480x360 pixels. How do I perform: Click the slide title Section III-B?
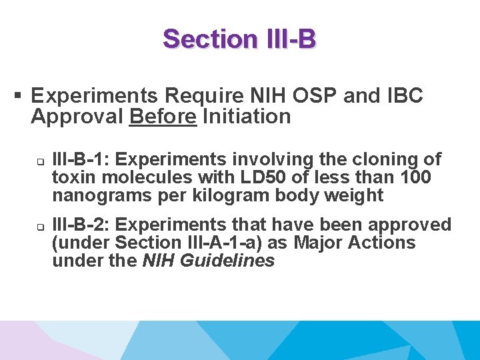click(239, 39)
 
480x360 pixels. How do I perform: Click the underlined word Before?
click(163, 117)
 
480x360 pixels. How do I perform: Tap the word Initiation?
click(247, 117)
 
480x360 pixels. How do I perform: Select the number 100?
click(414, 178)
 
